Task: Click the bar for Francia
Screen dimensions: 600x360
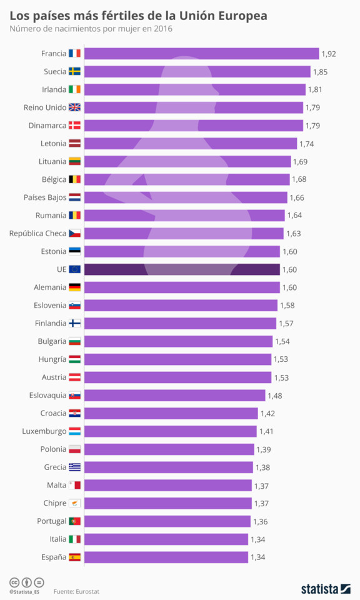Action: (201, 54)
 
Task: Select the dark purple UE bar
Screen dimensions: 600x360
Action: (182, 269)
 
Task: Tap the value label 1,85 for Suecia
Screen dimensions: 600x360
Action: (320, 72)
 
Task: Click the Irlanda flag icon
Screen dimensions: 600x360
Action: (74, 89)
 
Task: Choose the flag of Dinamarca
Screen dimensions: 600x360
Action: (74, 126)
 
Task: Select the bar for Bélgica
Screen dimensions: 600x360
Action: (187, 179)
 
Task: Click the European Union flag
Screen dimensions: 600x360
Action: (74, 269)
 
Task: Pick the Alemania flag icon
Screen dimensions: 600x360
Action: (74, 287)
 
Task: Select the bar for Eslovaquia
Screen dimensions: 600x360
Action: (174, 396)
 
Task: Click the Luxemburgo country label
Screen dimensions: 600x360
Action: (44, 431)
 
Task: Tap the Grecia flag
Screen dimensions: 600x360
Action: (74, 467)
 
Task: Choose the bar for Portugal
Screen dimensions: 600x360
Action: (167, 521)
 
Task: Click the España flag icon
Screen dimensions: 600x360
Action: (74, 557)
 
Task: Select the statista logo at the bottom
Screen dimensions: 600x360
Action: (325, 589)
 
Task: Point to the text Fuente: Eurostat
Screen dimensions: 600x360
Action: (76, 591)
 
